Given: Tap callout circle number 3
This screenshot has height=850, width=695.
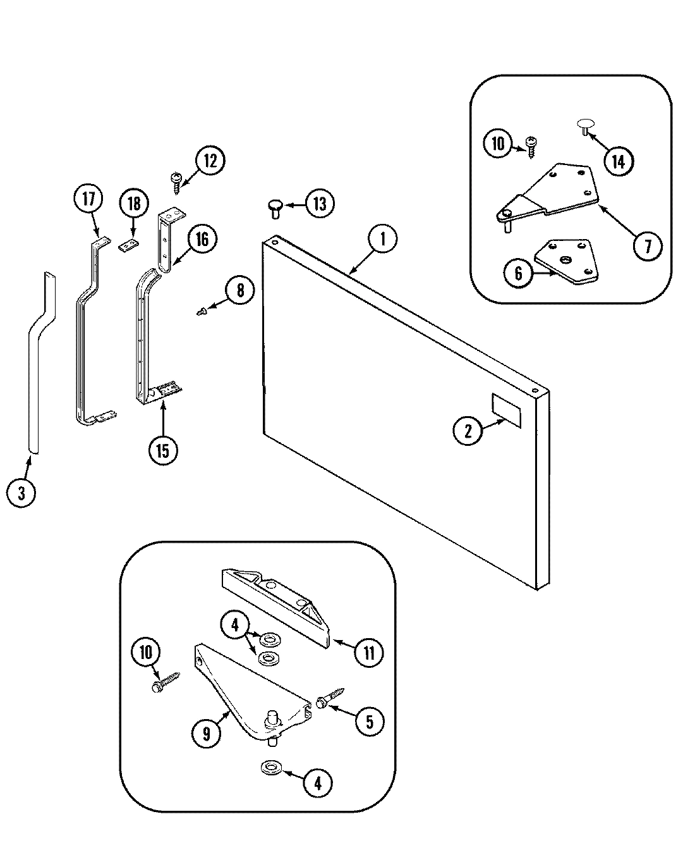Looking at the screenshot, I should (x=21, y=493).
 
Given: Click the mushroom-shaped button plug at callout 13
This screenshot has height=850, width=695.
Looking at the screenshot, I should (x=275, y=207).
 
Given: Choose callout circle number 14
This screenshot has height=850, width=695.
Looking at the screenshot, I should (x=617, y=162).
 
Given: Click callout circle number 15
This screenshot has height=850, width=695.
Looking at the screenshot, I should (x=163, y=451).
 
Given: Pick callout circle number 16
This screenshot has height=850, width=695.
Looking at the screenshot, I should (x=202, y=239).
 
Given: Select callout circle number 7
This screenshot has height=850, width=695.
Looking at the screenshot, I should (x=648, y=246).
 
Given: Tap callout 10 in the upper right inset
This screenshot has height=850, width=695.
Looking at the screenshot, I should (x=499, y=144).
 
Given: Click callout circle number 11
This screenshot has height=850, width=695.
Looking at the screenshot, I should (x=369, y=653).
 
